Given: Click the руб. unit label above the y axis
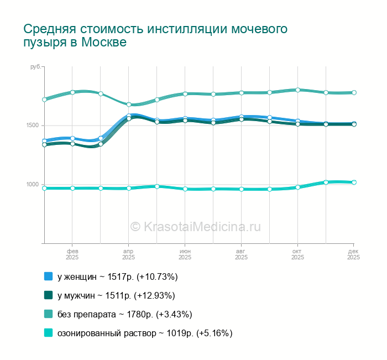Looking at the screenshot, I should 35,66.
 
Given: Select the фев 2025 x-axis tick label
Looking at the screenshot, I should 72,254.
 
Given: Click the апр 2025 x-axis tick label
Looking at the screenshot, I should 128,254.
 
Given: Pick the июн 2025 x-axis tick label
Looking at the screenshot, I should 185,254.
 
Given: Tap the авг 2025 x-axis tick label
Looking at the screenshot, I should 241,254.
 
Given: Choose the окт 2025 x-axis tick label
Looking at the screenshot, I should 297,254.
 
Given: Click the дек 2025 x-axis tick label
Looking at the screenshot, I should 354,254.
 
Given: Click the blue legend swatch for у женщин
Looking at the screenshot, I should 48,276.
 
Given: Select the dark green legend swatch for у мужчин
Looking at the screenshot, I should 48,295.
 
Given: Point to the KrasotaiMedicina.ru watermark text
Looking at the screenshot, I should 195,226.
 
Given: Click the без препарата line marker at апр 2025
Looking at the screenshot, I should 128,105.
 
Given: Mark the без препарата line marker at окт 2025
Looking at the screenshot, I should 297,90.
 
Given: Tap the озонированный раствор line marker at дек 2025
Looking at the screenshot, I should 354,182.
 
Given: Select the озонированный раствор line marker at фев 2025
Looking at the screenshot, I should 72,188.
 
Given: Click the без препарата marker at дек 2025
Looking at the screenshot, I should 354,92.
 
